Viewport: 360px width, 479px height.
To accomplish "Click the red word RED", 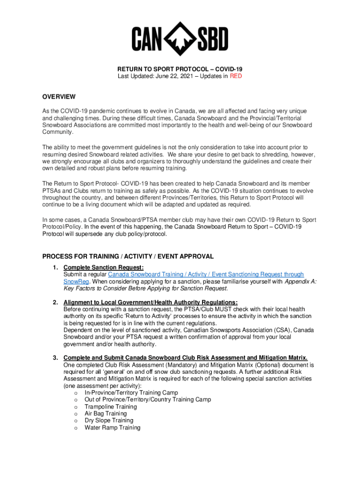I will click(x=236, y=76).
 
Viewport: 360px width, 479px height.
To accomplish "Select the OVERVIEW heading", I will click(x=59, y=97).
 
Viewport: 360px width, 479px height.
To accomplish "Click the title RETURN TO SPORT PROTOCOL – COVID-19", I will click(x=180, y=69).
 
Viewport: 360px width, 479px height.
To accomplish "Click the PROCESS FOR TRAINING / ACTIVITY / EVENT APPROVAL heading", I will click(x=128, y=256).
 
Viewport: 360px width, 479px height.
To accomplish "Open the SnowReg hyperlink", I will click(x=74, y=282).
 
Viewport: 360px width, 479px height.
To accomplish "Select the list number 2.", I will click(x=55, y=303).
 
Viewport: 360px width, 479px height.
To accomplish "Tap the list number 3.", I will click(x=55, y=358).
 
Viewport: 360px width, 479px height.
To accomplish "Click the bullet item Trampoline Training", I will click(x=111, y=407).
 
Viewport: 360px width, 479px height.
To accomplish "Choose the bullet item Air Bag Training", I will click(x=106, y=414).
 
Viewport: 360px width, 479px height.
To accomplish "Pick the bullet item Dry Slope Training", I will click(x=109, y=421).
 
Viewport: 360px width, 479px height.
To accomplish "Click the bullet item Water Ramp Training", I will click(x=112, y=428).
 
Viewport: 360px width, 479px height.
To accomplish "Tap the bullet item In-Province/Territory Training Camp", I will click(x=131, y=393).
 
